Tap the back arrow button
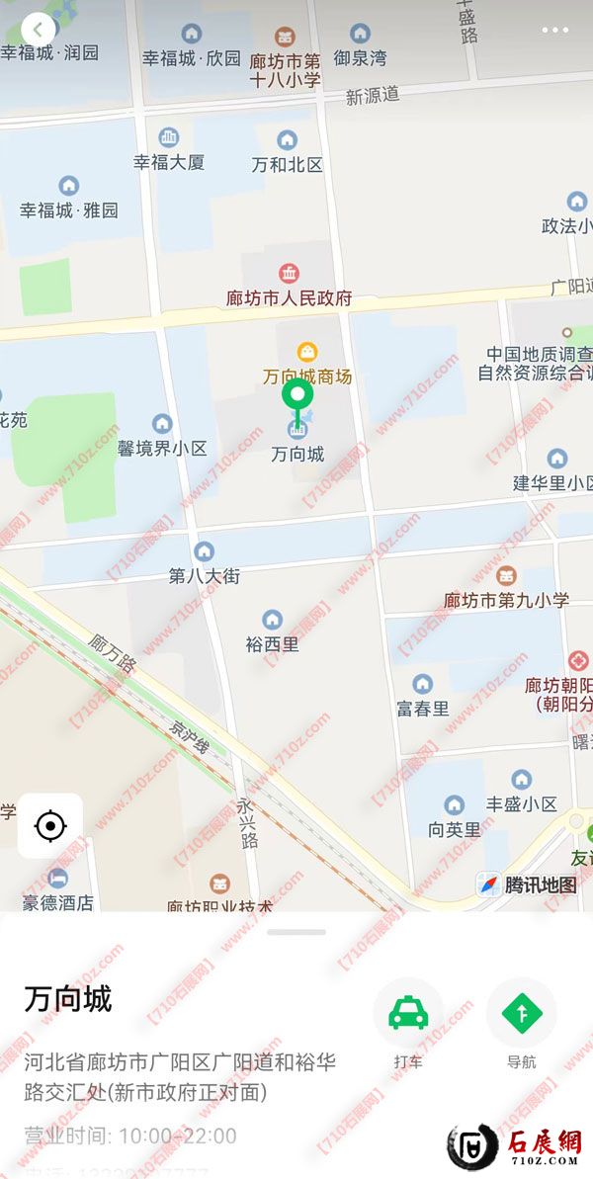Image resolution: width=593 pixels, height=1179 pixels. (38, 30)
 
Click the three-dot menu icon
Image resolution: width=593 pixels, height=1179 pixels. (555, 31)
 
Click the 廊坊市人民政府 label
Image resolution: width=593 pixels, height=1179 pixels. (289, 297)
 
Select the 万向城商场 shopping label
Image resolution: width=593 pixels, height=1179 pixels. (307, 376)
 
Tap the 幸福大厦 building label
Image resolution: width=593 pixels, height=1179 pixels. (169, 162)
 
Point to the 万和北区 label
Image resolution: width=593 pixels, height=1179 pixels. (287, 164)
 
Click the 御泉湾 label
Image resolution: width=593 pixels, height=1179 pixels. (359, 57)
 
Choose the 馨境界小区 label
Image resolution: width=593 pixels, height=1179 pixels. (163, 448)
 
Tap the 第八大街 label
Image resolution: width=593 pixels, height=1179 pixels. (205, 575)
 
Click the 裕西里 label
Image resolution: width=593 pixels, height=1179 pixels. (272, 643)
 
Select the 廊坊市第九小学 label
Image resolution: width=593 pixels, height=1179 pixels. (506, 599)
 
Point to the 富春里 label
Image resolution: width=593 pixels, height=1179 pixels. (423, 708)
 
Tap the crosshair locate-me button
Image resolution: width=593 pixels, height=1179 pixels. (50, 825)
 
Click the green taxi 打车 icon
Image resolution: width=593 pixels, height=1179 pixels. (407, 1014)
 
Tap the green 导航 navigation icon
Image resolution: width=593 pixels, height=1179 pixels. (521, 1014)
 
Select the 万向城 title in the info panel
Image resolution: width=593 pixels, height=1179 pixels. (68, 999)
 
